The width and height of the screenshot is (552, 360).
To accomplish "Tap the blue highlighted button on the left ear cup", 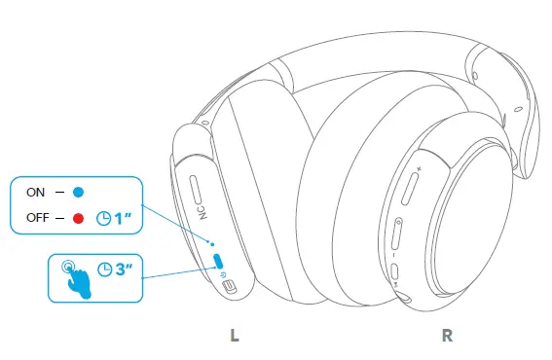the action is click(x=218, y=261).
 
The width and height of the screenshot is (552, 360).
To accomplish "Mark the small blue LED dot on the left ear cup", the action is click(x=212, y=243).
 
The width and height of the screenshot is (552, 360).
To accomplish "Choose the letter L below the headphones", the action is click(x=234, y=336).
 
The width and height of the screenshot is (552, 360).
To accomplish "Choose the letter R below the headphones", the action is click(x=447, y=336).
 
